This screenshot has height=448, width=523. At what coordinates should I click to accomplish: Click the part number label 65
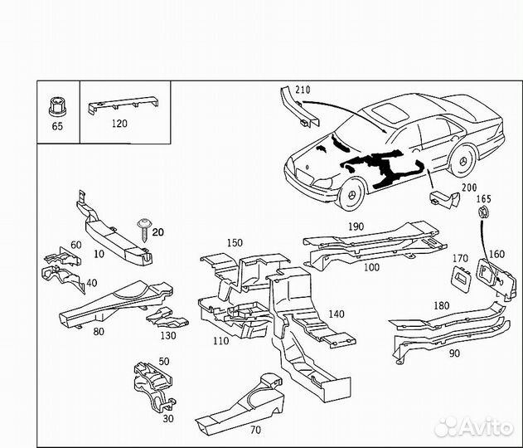57,126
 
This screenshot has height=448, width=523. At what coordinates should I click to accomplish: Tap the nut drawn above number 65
56,106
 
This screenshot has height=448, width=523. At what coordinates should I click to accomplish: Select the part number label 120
119,124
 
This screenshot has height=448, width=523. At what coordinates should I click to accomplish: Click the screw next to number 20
144,230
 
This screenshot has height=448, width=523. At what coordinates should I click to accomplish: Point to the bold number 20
158,231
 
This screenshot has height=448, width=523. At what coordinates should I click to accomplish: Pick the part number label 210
303,90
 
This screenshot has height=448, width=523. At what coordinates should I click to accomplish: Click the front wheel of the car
351,194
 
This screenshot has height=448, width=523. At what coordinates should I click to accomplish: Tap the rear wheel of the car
463,161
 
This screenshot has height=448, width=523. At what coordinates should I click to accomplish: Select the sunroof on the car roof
391,113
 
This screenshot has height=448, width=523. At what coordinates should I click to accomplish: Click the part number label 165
484,199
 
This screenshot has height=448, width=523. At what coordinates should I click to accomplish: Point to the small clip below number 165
483,212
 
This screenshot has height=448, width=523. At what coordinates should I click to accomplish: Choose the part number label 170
460,258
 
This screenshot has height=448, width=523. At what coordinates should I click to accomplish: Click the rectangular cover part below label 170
462,279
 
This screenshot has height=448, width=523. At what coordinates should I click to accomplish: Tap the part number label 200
469,187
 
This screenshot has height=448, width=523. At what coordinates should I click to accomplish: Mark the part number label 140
337,314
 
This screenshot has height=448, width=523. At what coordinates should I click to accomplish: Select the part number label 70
255,430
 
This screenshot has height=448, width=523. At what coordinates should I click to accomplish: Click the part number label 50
164,361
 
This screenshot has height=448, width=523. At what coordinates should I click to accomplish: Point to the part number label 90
454,353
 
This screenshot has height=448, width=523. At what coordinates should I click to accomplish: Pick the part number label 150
235,243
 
